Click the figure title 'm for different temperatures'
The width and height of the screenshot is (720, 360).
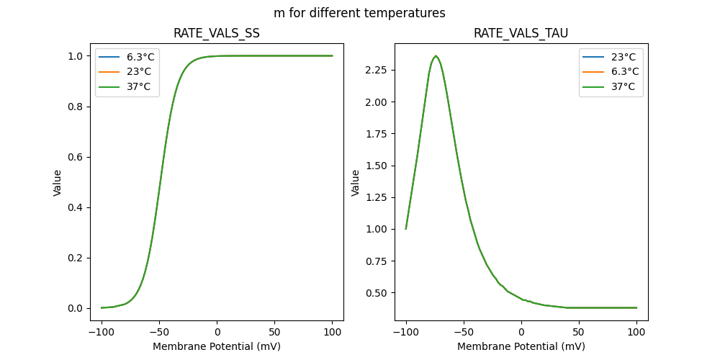tap(359, 13)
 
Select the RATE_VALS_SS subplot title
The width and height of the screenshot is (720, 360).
tap(217, 34)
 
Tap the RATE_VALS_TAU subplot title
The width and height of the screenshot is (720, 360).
tap(521, 34)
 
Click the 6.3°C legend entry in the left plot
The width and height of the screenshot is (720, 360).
tap(137, 55)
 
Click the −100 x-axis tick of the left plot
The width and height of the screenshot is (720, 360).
tap(102, 331)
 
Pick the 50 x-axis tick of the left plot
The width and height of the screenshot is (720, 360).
tap(274, 331)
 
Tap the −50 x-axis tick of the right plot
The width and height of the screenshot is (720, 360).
tap(464, 331)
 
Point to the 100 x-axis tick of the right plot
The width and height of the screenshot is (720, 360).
tap(636, 331)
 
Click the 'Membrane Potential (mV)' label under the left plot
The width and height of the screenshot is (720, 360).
tap(217, 346)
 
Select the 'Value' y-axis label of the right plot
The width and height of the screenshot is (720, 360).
tap(355, 182)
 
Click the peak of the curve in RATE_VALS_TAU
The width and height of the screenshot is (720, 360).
tap(436, 56)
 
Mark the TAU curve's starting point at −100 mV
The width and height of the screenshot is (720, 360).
tap(406, 229)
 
